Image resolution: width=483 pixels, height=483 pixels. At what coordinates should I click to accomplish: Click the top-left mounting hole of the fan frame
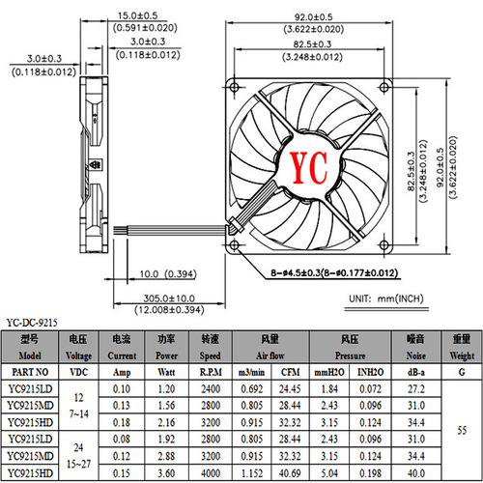tap(236, 87)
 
